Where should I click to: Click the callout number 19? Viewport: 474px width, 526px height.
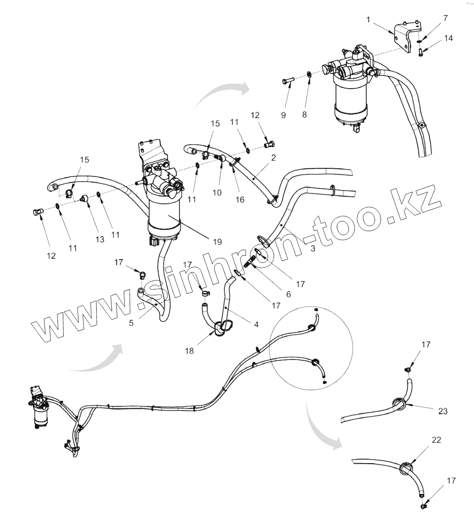[x=217, y=242]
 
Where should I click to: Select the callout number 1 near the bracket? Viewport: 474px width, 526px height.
[x=368, y=20]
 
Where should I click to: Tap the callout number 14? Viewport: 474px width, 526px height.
[x=448, y=38]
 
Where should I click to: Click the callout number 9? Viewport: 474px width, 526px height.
[x=284, y=115]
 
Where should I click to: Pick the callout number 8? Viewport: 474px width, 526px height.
[x=305, y=114]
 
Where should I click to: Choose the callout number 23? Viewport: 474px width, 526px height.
[x=443, y=412]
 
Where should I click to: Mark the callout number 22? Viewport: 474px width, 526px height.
[x=436, y=440]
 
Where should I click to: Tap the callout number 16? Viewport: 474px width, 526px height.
[x=240, y=200]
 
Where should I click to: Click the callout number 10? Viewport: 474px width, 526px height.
[x=217, y=192]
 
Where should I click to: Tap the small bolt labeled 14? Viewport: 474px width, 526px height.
[x=421, y=53]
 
